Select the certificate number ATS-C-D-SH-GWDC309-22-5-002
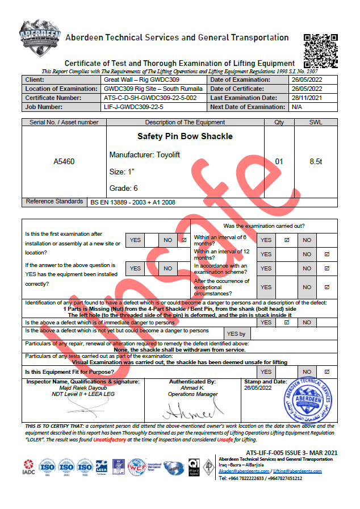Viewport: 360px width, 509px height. [150, 98]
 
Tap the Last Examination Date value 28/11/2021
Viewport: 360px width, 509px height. [307, 98]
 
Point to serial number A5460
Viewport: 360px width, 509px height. [64, 162]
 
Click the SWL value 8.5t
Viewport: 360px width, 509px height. [316, 162]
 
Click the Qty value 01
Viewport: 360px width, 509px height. [279, 162]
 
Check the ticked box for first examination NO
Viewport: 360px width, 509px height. [183, 240]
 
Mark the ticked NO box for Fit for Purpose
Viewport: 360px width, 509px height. [326, 372]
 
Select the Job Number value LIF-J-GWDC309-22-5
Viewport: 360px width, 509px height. [134, 107]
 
